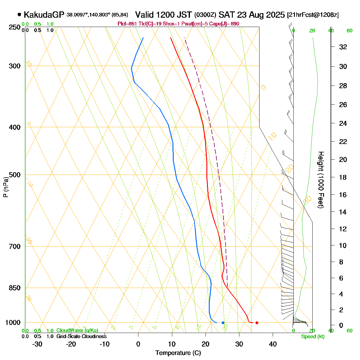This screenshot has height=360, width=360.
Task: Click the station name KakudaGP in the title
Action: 44,15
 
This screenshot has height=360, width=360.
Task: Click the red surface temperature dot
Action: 257,323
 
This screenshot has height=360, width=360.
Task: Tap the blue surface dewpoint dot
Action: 223,323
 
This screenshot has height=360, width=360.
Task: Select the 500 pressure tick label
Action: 15,175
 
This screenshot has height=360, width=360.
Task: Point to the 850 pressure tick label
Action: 15,288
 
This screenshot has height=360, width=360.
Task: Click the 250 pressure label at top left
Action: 15,27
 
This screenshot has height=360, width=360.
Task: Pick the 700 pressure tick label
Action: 15,247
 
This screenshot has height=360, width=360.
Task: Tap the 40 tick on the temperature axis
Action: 273,344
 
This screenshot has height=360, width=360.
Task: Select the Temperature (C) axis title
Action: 178,353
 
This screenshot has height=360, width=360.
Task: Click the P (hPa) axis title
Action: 6,187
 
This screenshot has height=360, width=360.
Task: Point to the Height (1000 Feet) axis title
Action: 321,180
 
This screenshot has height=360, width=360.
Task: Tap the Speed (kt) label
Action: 313,337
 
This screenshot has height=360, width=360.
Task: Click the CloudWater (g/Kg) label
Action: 77,331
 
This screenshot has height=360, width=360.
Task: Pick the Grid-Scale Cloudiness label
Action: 81,337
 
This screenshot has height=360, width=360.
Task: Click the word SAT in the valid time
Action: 226,15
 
